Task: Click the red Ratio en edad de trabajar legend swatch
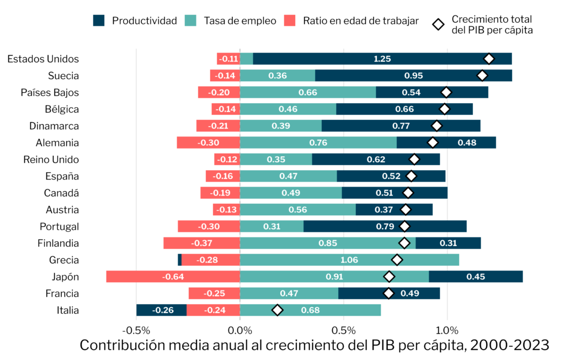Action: (x=291, y=21)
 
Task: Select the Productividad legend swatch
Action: (x=100, y=21)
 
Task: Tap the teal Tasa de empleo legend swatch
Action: (x=191, y=21)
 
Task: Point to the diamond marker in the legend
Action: (x=439, y=24)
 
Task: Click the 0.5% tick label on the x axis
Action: (x=343, y=331)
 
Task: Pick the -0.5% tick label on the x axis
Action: (x=136, y=331)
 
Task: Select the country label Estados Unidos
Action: (x=43, y=59)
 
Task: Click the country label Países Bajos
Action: (x=50, y=93)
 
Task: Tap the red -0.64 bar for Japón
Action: (x=173, y=277)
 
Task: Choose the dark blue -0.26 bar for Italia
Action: (x=162, y=310)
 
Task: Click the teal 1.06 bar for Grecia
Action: (x=349, y=260)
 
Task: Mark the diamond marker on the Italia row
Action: (x=278, y=310)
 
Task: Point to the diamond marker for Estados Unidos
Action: (x=489, y=59)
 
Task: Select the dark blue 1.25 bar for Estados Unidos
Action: (x=382, y=59)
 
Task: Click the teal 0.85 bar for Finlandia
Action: (x=328, y=243)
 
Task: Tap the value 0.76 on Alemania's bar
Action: (x=318, y=143)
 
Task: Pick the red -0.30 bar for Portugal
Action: (x=209, y=226)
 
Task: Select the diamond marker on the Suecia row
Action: (x=483, y=76)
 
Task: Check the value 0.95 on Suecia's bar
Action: (x=413, y=76)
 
